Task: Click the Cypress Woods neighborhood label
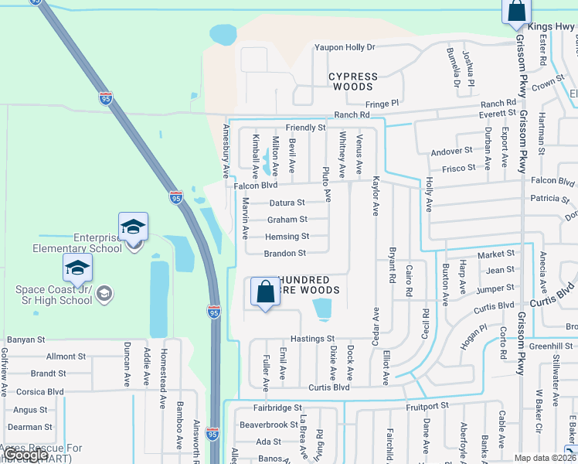(x=353, y=82)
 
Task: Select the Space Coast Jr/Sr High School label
(x=54, y=295)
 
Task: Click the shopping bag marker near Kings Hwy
(x=516, y=12)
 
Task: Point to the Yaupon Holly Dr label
(x=344, y=47)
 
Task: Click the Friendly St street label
(x=305, y=128)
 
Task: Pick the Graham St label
(x=287, y=220)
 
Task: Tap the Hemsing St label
(x=287, y=237)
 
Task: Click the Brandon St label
(x=285, y=253)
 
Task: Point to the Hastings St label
(x=312, y=339)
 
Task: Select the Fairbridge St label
(x=277, y=408)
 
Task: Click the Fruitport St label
(x=427, y=405)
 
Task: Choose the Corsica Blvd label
(x=37, y=391)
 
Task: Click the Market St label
(x=495, y=254)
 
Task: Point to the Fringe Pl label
(x=382, y=103)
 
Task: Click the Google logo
(x=26, y=455)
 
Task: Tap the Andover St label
(x=451, y=151)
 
